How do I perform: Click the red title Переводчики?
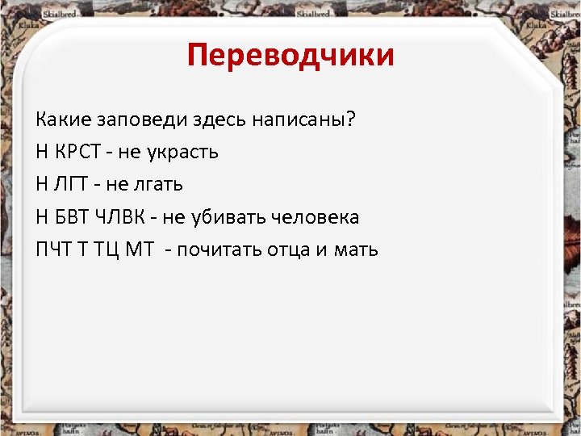tap(290, 56)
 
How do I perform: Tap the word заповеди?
tap(143, 120)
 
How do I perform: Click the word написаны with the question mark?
tap(306, 120)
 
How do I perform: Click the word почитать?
tap(219, 249)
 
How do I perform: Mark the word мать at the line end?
tap(355, 249)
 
